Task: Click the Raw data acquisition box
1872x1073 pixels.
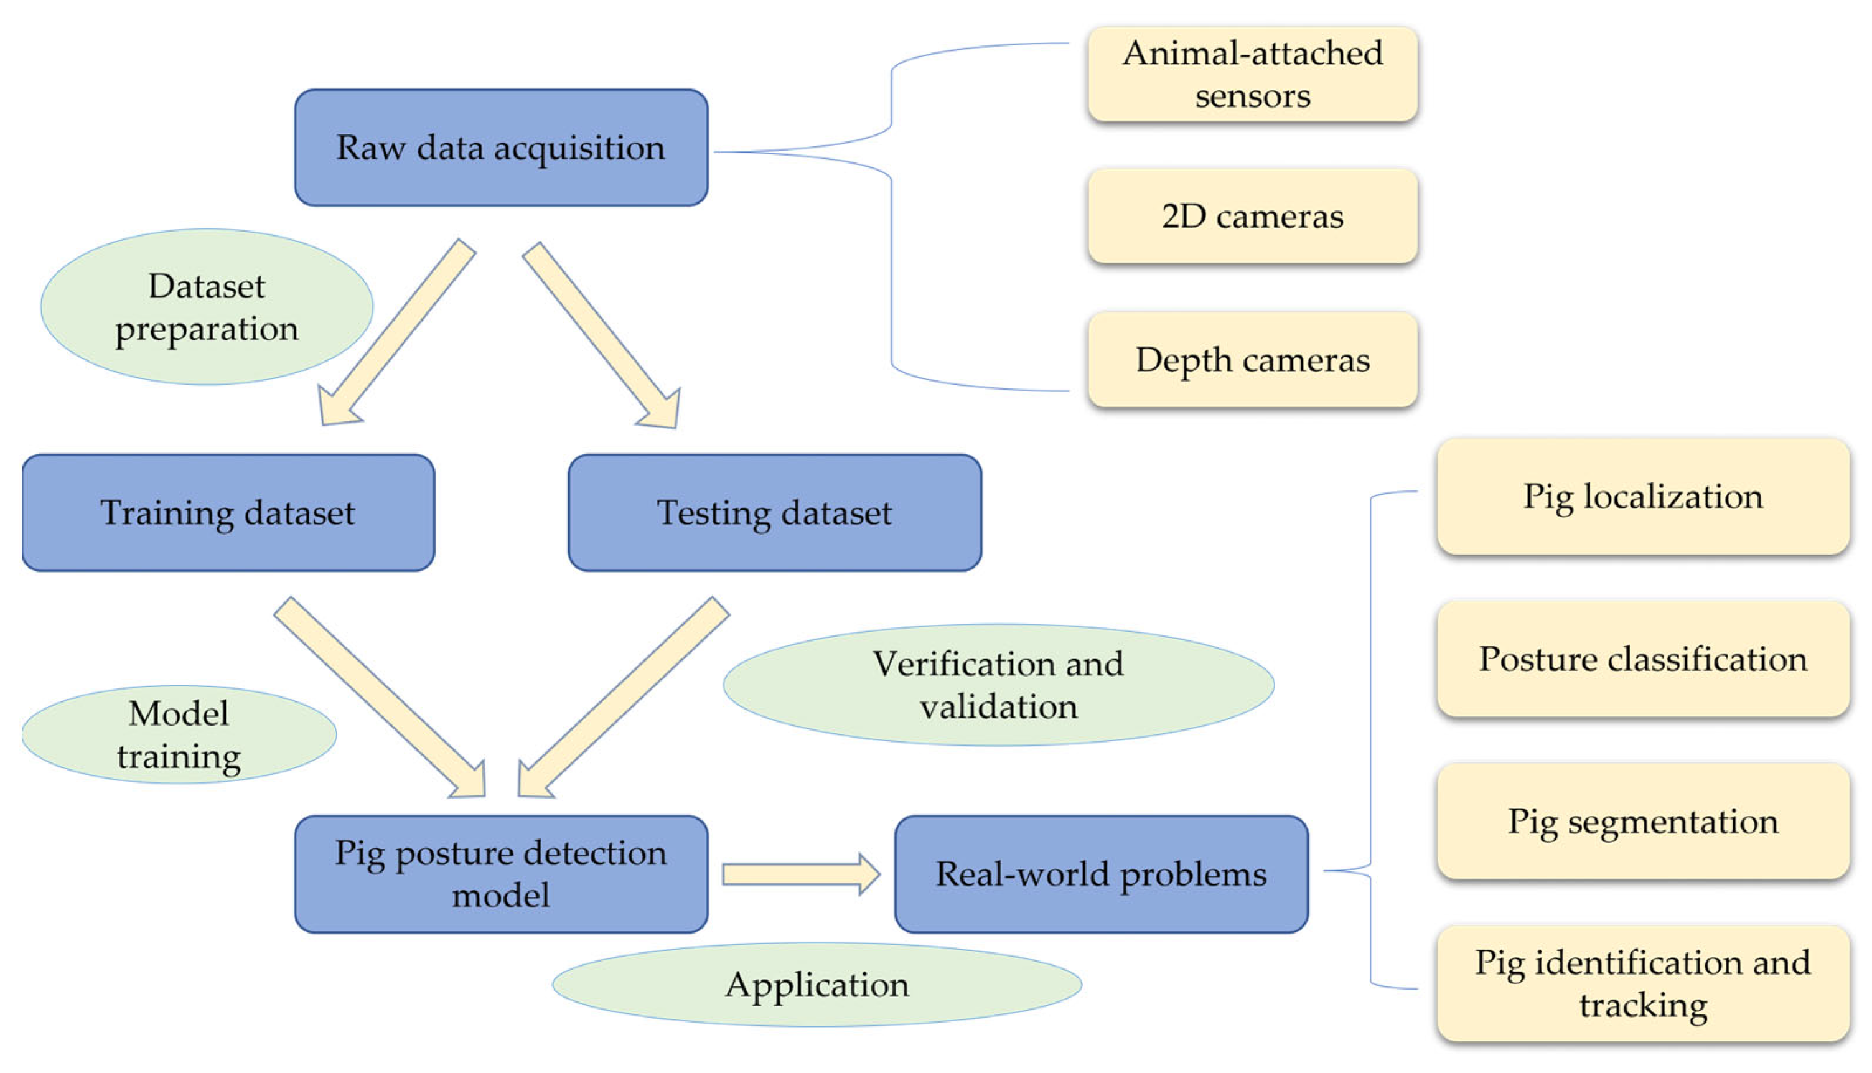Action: pos(501,148)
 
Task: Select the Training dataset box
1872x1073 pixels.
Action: pos(228,512)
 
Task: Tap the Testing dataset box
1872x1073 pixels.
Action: pos(774,512)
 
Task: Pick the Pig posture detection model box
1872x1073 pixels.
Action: pos(501,873)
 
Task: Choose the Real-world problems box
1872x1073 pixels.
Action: pos(1101,873)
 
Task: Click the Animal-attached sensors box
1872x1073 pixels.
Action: pos(1252,73)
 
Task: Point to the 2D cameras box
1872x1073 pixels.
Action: pos(1252,216)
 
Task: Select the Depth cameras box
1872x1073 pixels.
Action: pos(1252,360)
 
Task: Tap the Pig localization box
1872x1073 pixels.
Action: pos(1643,496)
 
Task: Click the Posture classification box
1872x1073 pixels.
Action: pos(1643,658)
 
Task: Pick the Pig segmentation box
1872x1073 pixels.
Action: pos(1643,820)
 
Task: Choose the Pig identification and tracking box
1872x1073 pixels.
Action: pos(1643,983)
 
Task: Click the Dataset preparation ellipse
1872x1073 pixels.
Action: pos(206,307)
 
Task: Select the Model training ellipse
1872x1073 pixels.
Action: pos(179,734)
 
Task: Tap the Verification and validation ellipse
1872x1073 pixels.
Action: pos(998,685)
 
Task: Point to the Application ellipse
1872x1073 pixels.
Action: pos(817,984)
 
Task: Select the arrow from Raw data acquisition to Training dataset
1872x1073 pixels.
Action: pos(398,332)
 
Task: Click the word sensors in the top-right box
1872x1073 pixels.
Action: pos(1252,96)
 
